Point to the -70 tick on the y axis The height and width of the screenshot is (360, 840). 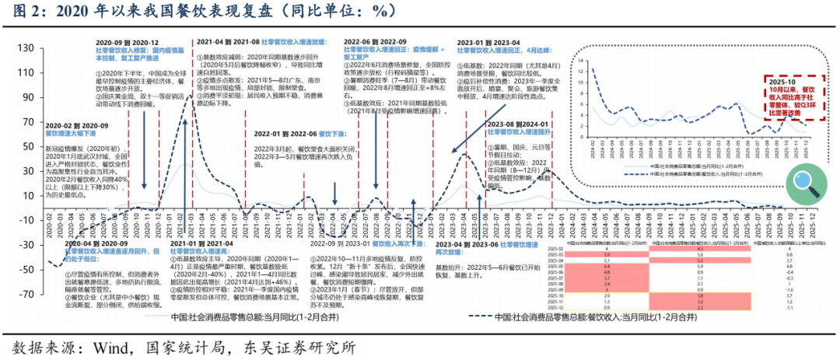click(29, 294)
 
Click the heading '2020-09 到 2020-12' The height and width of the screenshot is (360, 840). click(128, 42)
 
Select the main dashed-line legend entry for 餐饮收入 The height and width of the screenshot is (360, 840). click(579, 317)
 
